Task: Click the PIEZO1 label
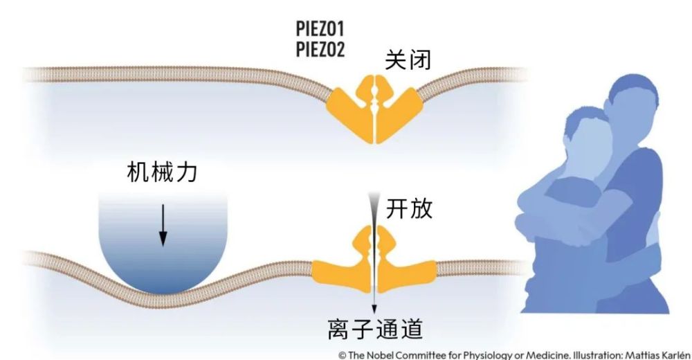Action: [x=320, y=28]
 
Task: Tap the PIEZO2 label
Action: [x=320, y=49]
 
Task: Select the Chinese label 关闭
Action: [x=408, y=60]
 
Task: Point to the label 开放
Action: [x=409, y=208]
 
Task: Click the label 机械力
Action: [x=162, y=172]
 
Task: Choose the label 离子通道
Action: [x=375, y=329]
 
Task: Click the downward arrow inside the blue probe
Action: [x=163, y=225]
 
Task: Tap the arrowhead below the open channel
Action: [x=374, y=309]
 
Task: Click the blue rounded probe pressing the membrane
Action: [x=163, y=243]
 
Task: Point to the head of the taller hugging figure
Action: [x=632, y=100]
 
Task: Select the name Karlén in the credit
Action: [x=675, y=355]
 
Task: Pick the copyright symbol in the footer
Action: [x=342, y=355]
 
